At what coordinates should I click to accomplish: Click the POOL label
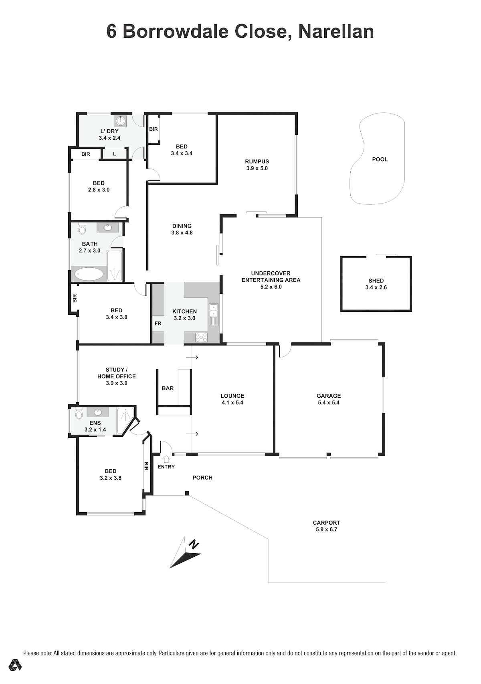click(x=380, y=159)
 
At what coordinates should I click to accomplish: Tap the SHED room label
click(x=376, y=281)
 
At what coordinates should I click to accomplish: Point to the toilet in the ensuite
click(x=79, y=413)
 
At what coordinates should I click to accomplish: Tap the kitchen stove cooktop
click(x=201, y=338)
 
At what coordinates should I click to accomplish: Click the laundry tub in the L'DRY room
click(x=121, y=121)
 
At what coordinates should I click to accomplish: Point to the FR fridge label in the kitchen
click(x=158, y=324)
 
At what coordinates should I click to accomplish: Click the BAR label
click(x=168, y=388)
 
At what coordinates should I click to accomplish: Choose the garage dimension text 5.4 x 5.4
click(x=329, y=403)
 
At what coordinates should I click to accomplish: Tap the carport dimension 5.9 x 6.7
click(x=326, y=529)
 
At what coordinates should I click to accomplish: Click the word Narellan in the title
click(x=336, y=31)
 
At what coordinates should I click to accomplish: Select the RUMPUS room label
click(x=257, y=161)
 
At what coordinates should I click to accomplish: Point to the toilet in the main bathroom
click(x=82, y=229)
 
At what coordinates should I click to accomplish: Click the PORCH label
click(x=202, y=478)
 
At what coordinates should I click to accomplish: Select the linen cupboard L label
click(x=115, y=154)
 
